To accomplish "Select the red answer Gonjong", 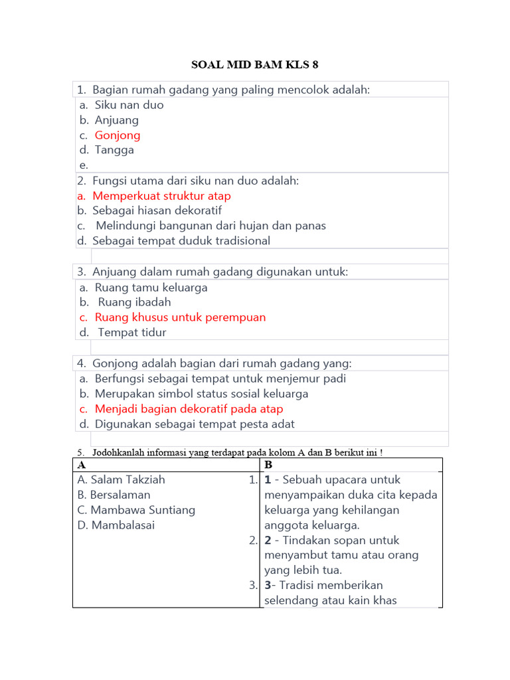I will click(118, 135).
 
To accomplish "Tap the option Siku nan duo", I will click(129, 105).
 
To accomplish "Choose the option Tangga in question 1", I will click(114, 150).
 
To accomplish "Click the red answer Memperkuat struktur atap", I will click(161, 196).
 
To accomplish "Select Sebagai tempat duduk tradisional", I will click(181, 241).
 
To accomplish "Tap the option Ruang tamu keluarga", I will click(151, 288).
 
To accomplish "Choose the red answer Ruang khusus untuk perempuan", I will click(180, 317).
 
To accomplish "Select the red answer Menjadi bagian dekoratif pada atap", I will click(189, 409).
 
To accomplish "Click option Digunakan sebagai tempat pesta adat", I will click(195, 424).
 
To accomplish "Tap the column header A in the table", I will click(82, 465).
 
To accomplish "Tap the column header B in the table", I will click(268, 465).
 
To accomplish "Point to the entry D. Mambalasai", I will click(116, 525).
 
